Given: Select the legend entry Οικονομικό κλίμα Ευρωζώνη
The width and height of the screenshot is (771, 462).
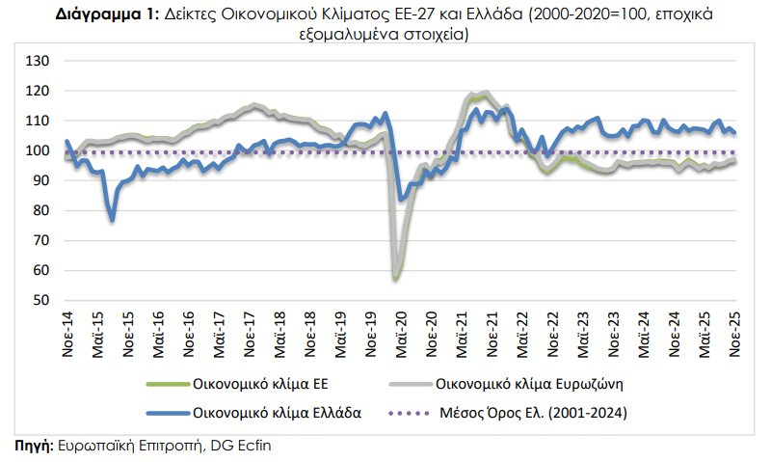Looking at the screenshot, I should point(532,384).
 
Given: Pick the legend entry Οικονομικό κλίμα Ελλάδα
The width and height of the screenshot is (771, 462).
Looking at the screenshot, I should point(277,413).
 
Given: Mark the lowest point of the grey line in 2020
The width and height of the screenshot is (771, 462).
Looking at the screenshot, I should point(395,278).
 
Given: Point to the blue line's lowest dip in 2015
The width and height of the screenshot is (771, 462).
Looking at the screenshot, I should point(113,221).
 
